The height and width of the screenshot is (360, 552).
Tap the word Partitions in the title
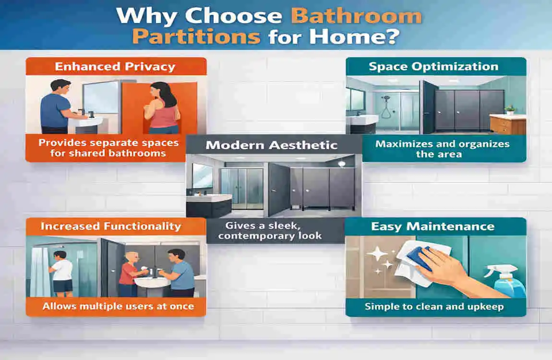coord(197,36)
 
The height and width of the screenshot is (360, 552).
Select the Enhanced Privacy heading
coord(115,66)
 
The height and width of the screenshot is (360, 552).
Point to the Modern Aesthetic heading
coord(272,144)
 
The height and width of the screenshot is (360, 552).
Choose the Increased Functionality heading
coord(111,226)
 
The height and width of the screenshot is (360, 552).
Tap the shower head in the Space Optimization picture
coord(386,99)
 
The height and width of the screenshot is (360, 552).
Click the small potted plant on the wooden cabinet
coord(510,110)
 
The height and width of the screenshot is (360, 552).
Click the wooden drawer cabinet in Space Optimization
coord(507,124)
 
